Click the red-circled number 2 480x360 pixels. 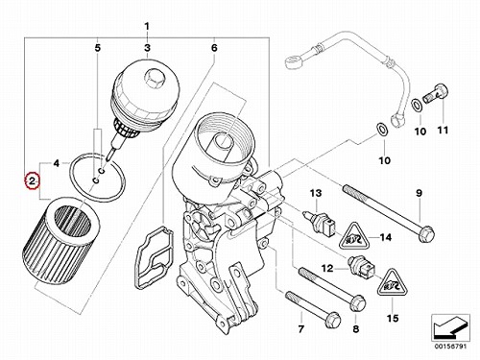pyautogui.click(x=32, y=181)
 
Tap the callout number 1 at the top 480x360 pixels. pyautogui.click(x=147, y=26)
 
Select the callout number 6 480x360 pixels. pyautogui.click(x=214, y=48)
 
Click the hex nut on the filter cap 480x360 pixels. pyautogui.click(x=155, y=79)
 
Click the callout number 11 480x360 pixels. pyautogui.click(x=443, y=131)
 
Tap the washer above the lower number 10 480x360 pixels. pyautogui.click(x=382, y=129)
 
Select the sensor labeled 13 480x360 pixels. pyautogui.click(x=320, y=221)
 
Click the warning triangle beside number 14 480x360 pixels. pyautogui.click(x=353, y=238)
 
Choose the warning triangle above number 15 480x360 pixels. pyautogui.click(x=393, y=283)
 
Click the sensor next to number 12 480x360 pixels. pyautogui.click(x=361, y=267)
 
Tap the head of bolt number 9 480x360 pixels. pyautogui.click(x=426, y=233)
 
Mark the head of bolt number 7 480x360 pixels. pyautogui.click(x=333, y=319)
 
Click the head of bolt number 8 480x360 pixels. pyautogui.click(x=358, y=303)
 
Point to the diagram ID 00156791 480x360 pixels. pyautogui.click(x=450, y=347)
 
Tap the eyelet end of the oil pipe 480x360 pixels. pyautogui.click(x=293, y=61)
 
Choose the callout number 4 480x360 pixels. pyautogui.click(x=57, y=163)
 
